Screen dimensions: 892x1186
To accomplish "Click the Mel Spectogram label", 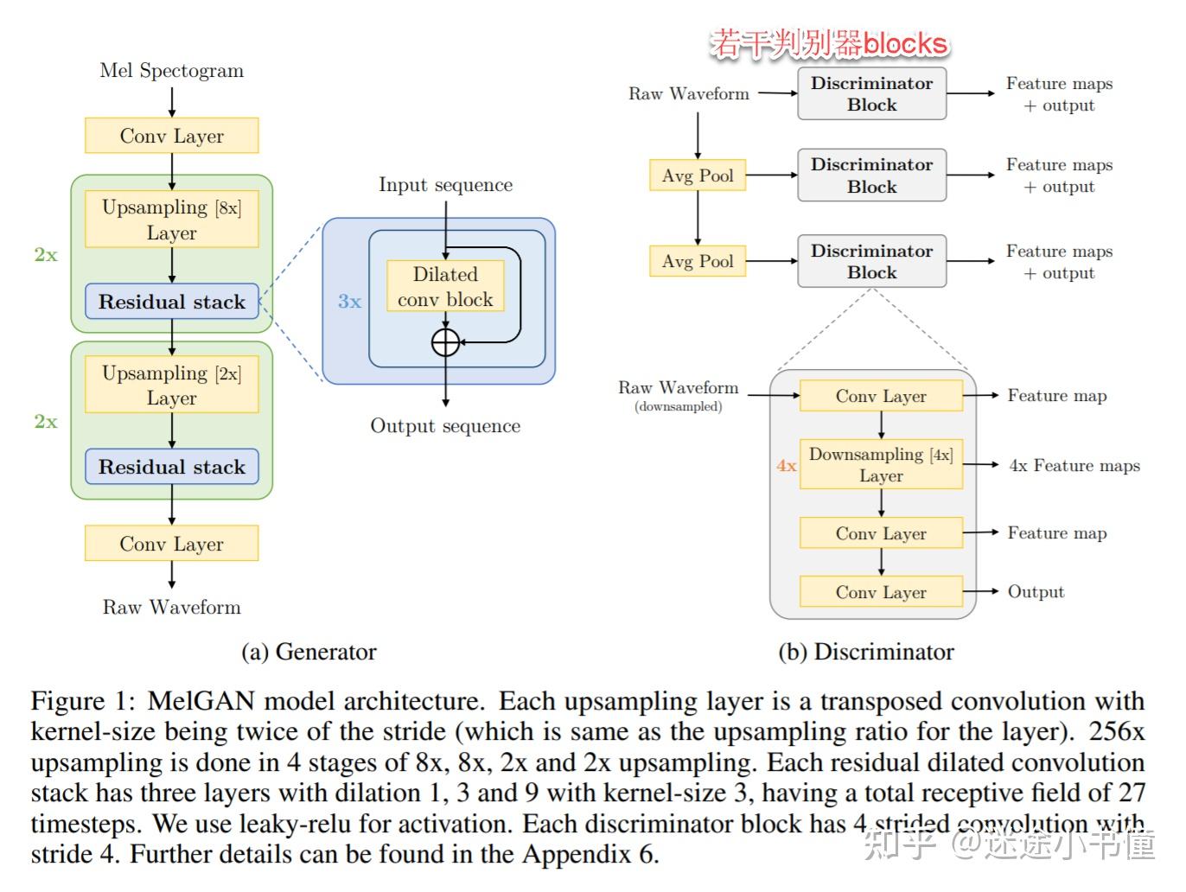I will click(171, 71).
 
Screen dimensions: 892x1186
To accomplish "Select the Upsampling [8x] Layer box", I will click(171, 220).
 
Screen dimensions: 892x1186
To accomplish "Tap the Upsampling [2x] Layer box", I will click(171, 385).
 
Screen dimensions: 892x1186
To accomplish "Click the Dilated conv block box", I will click(445, 286).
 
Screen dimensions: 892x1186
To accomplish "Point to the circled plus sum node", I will click(445, 342).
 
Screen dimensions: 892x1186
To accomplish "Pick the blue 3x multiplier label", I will click(349, 302).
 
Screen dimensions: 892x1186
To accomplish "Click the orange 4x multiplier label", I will click(786, 466).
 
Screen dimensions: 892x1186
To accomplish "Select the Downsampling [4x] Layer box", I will click(881, 465).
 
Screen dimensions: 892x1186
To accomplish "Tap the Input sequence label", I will click(445, 185).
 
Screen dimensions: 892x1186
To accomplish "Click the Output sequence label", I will click(445, 426).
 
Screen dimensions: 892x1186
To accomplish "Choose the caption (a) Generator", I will click(309, 652).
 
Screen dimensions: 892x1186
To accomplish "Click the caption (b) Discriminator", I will click(866, 652).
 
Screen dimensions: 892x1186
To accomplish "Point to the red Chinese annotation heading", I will click(828, 43).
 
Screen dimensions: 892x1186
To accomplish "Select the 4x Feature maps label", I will click(1074, 466).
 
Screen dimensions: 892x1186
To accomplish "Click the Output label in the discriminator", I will click(1036, 592).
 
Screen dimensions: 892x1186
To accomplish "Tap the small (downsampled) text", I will click(678, 406).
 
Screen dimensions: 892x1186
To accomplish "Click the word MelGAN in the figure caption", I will click(201, 701).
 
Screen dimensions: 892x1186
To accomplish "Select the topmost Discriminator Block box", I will click(871, 94).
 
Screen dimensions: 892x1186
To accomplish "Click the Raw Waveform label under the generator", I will click(171, 608).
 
